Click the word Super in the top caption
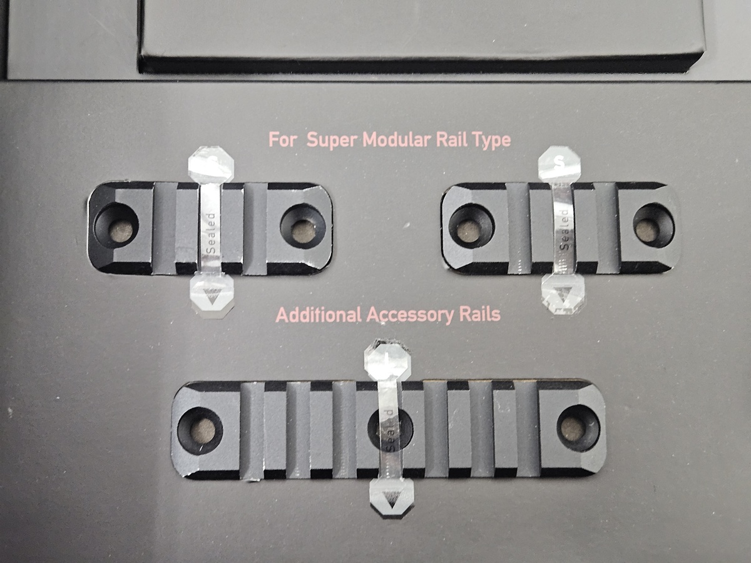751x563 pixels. [332, 140]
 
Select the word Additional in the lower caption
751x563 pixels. [319, 315]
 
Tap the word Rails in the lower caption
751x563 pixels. [479, 314]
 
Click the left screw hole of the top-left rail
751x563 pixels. [116, 226]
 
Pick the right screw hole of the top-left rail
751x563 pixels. [303, 226]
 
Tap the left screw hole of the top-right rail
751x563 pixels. [471, 226]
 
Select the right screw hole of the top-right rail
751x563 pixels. [653, 225]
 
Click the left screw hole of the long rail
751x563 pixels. [200, 430]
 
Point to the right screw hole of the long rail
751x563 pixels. [578, 428]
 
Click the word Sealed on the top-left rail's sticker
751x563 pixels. [211, 233]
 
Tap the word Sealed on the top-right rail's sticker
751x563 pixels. [565, 229]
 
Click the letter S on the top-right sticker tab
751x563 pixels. [559, 163]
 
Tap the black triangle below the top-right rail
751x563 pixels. [562, 294]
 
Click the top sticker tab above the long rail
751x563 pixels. [387, 362]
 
